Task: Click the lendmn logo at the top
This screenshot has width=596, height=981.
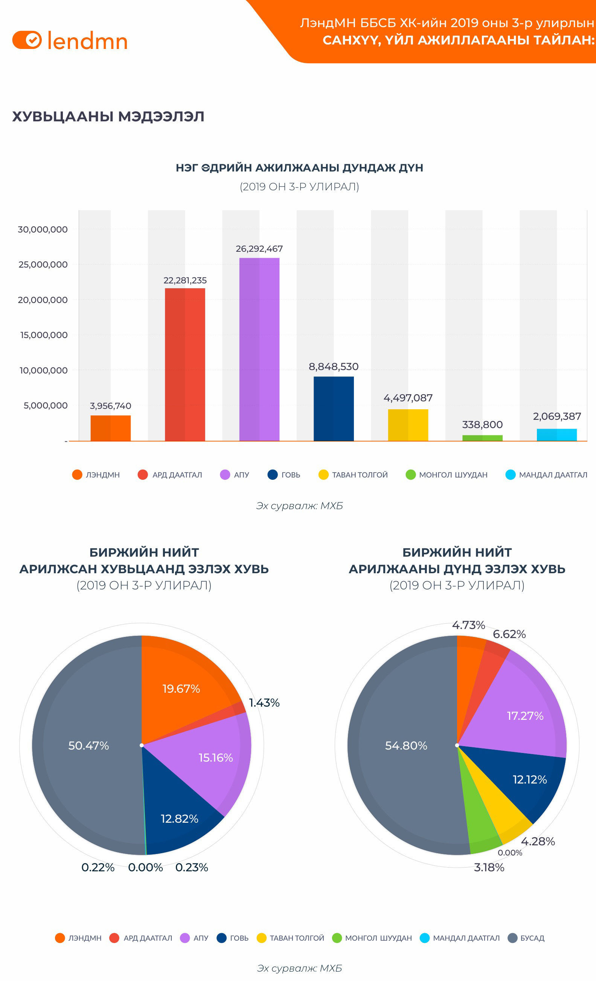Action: point(70,41)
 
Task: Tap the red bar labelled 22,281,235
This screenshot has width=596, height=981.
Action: point(185,364)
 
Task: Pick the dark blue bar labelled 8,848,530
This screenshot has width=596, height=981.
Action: point(334,409)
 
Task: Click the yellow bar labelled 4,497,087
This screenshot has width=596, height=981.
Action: point(408,425)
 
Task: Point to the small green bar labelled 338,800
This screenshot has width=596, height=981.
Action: point(482,438)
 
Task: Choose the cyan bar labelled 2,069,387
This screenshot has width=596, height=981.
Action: point(556,435)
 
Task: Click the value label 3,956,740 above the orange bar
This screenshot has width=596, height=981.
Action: point(110,406)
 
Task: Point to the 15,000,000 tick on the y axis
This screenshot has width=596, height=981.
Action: point(44,335)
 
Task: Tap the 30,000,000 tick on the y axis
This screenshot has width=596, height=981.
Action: point(43,229)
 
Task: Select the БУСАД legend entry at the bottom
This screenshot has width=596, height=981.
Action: point(526,938)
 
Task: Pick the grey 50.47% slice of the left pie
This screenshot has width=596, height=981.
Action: point(88,745)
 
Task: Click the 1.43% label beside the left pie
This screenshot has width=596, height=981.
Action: point(264,703)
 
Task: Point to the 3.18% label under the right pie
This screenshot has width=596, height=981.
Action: point(489,867)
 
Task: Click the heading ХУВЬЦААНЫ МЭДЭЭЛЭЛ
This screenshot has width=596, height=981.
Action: point(108,117)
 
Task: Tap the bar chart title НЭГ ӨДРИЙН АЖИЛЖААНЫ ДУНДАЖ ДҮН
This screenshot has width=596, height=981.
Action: point(299,168)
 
